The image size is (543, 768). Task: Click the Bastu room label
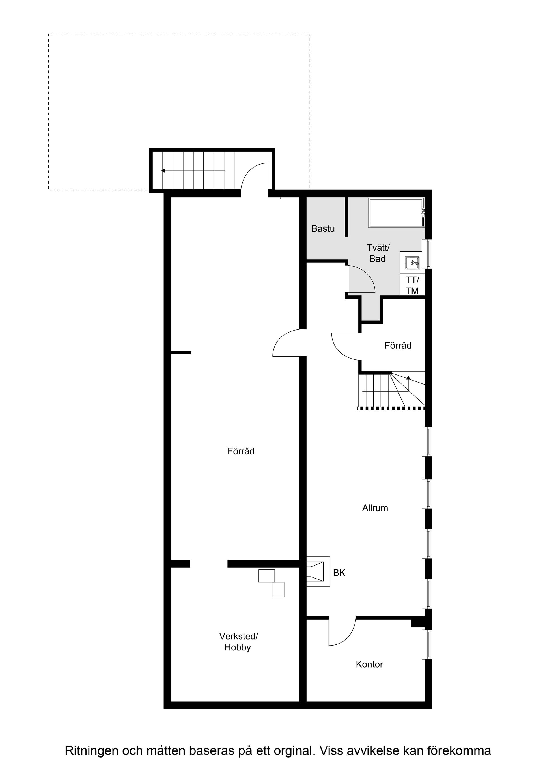[323, 229]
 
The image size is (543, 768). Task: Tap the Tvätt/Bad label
[378, 253]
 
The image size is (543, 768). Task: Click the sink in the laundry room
[412, 263]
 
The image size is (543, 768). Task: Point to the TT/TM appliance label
[412, 285]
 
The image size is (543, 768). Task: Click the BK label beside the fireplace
[339, 573]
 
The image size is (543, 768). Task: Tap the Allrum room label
[375, 508]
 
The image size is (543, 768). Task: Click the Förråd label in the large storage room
[241, 451]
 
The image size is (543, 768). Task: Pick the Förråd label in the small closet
[398, 346]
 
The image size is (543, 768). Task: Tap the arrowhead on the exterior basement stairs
[163, 171]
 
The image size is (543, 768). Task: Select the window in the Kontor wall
[426, 645]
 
